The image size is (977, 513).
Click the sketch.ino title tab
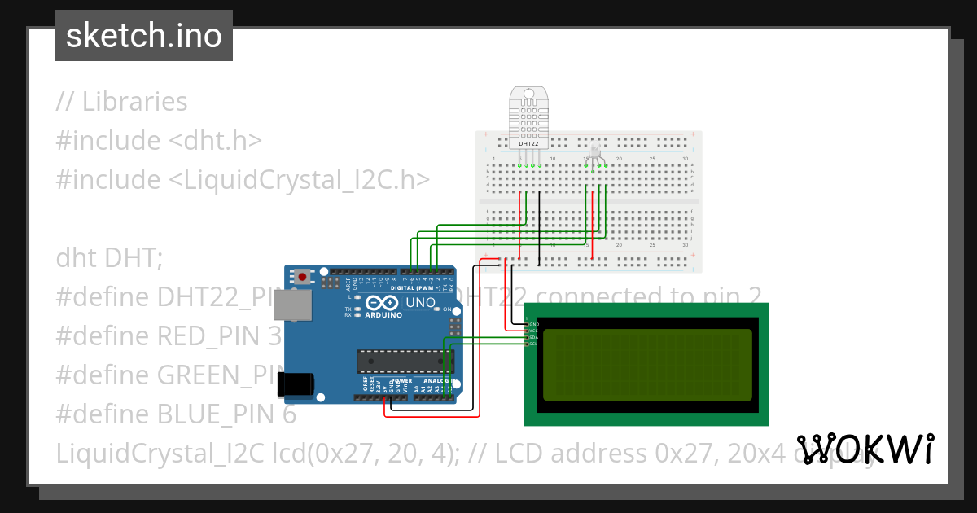click(144, 36)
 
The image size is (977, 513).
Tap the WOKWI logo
click(865, 449)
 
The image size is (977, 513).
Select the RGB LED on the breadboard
click(594, 151)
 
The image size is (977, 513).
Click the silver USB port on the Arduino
click(291, 305)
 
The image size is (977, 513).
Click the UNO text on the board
click(421, 303)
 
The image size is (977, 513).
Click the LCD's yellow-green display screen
click(647, 365)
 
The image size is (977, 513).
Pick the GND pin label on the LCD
click(534, 324)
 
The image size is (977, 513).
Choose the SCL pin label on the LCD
click(533, 344)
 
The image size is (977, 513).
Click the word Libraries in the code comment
click(134, 102)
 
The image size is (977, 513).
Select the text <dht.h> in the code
click(215, 141)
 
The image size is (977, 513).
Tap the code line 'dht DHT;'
click(109, 258)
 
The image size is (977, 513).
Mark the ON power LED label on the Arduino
click(447, 309)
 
